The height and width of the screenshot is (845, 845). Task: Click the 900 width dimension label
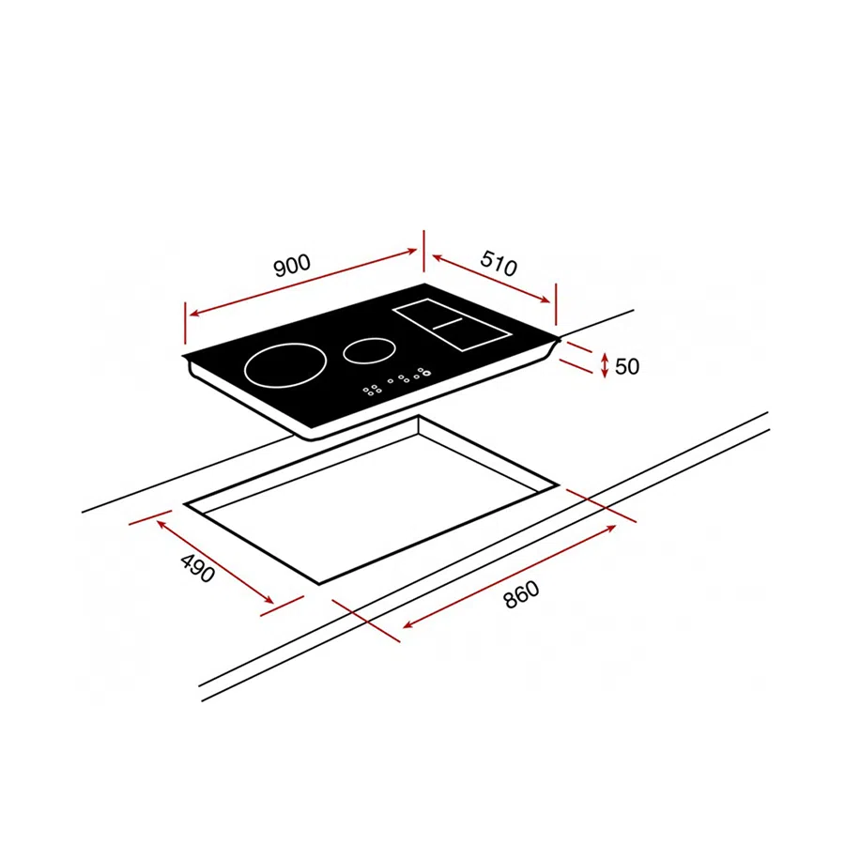pyautogui.click(x=292, y=265)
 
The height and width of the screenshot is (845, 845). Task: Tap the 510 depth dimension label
pyautogui.click(x=499, y=263)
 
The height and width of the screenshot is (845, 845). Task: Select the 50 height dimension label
pyautogui.click(x=627, y=366)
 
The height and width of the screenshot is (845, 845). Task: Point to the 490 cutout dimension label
pyautogui.click(x=198, y=568)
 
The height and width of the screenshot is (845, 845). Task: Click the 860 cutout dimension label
pyautogui.click(x=521, y=594)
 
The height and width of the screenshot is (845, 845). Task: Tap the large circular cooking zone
pyautogui.click(x=285, y=365)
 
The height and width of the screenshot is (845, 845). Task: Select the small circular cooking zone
pyautogui.click(x=369, y=351)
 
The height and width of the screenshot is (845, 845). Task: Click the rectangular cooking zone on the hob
pyautogui.click(x=452, y=325)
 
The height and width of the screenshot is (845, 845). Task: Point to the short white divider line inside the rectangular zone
pyautogui.click(x=448, y=323)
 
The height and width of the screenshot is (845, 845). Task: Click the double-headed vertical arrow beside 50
pyautogui.click(x=605, y=365)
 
